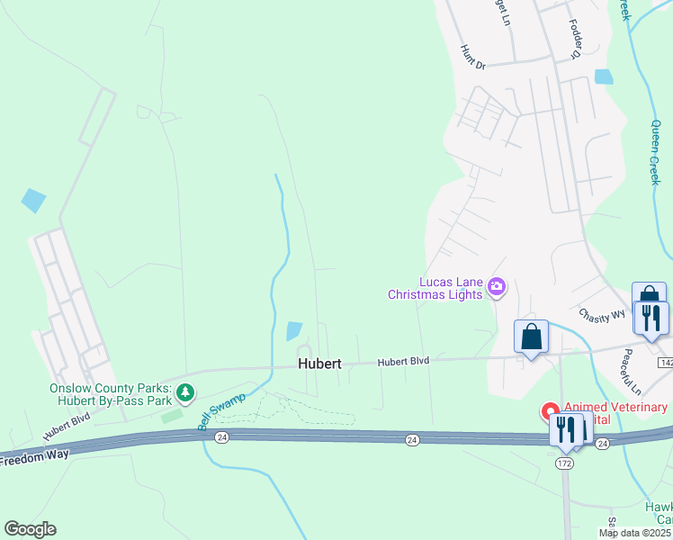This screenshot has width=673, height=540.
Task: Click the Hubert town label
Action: point(319,364)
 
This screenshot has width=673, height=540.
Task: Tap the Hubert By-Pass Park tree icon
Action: point(185,392)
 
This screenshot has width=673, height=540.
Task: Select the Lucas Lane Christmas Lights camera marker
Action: point(497,287)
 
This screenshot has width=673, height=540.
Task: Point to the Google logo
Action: point(30,529)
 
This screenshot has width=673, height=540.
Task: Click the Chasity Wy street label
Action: point(602,315)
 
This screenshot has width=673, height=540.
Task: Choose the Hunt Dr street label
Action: point(472,58)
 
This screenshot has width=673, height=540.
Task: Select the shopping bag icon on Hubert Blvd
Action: point(531,337)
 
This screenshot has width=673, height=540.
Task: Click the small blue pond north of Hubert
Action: point(294,331)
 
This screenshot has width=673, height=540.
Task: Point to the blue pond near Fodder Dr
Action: point(604,76)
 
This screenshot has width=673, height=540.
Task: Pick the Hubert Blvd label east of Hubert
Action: point(403,361)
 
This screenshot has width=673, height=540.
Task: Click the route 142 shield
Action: point(666,362)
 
